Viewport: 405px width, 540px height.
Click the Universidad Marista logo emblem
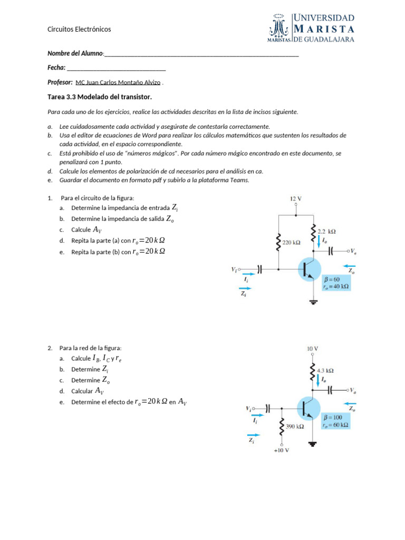[279, 27]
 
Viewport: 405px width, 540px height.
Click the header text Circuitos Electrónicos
[79, 30]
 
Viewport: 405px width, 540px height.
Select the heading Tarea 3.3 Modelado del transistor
[100, 97]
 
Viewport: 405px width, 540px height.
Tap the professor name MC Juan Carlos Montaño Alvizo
[118, 83]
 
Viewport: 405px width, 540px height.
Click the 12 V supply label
[295, 199]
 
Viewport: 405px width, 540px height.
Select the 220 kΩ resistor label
[291, 243]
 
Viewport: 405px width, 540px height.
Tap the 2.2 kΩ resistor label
[327, 231]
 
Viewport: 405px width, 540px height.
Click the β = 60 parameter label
[332, 279]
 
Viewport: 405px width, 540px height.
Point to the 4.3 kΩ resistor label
[324, 371]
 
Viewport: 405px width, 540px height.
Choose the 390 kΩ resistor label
[294, 426]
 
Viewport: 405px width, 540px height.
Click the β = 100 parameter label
[333, 417]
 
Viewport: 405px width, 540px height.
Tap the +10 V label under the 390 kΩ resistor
[281, 450]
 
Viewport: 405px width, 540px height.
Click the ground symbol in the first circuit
[313, 302]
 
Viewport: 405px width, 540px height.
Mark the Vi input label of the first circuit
[234, 269]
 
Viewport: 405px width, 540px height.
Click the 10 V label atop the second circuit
[312, 349]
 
